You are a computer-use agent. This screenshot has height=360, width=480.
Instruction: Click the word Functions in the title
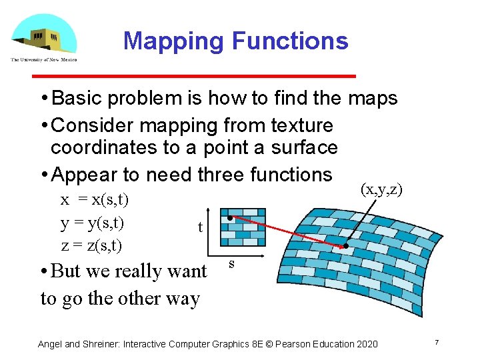point(289,41)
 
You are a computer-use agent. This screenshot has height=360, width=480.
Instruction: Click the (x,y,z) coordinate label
point(381,189)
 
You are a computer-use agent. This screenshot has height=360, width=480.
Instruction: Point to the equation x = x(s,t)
point(95,199)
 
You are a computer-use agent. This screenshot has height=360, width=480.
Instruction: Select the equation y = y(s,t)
point(92,222)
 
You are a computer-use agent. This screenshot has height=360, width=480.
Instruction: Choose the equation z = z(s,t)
point(91,245)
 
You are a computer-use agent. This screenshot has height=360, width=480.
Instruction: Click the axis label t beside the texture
point(200,227)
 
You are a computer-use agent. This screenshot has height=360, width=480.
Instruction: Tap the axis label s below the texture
point(231,264)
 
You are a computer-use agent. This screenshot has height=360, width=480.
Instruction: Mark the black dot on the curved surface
point(346,246)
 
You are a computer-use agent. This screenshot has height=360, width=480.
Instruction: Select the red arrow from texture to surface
point(287,232)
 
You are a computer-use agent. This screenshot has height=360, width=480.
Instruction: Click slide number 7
point(436,343)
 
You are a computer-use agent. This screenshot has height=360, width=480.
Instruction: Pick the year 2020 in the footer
point(365,344)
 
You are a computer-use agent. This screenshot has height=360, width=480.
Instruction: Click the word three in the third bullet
point(222,175)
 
